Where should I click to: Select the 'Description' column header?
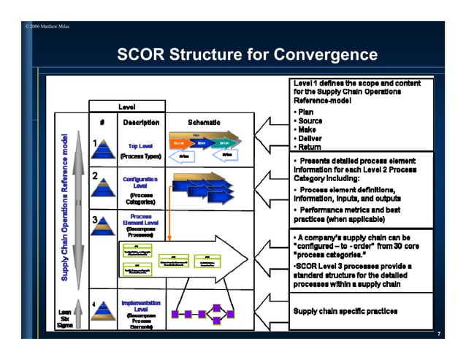coord(140,122)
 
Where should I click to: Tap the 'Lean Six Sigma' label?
coord(66,319)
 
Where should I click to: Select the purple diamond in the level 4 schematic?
coord(221,315)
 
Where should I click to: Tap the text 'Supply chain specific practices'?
coord(345,311)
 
